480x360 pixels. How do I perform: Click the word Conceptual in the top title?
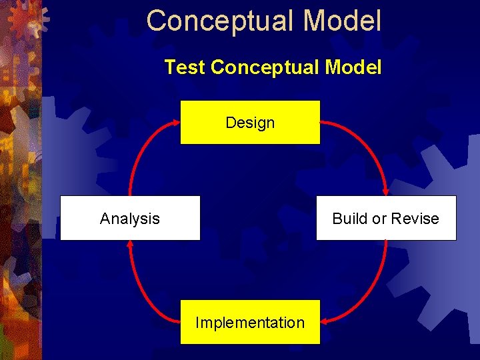pos(221,21)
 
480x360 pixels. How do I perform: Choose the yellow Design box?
pos(250,123)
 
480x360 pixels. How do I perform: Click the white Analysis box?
pos(130,218)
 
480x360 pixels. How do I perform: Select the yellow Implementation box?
pos(250,323)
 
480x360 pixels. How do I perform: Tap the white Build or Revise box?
pos(386,218)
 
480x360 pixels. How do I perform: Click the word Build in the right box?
pos(347,219)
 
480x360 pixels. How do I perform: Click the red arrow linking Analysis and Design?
pos(140,149)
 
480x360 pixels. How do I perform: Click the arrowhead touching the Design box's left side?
pos(175,123)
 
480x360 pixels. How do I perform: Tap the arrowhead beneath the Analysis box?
pos(130,246)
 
